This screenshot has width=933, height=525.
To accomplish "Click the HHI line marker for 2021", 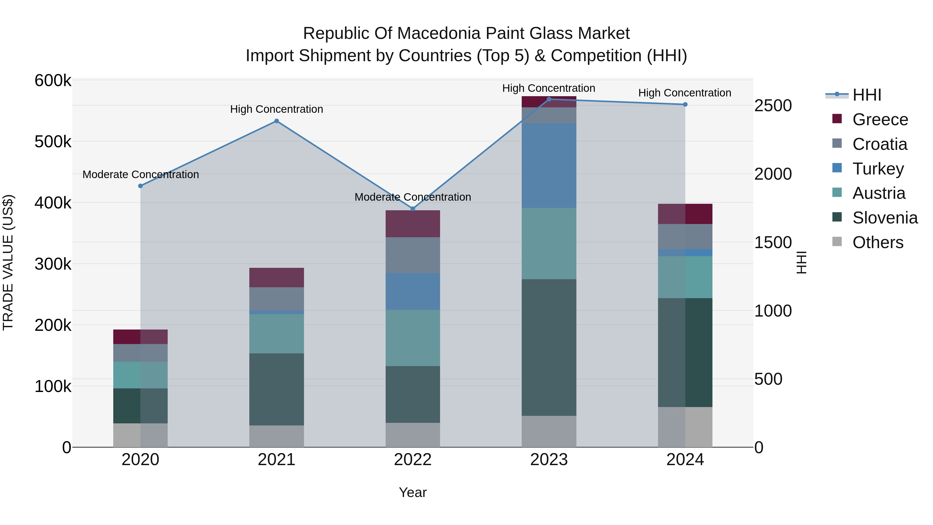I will click(276, 121).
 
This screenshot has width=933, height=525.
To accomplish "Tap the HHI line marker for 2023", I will click(549, 99).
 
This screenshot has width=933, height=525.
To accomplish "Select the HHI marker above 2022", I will click(413, 209).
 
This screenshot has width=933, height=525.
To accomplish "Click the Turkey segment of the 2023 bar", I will click(549, 166).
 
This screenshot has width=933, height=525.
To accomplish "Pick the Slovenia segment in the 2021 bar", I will click(276, 389).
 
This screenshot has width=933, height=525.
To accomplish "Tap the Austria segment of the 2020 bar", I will click(140, 375).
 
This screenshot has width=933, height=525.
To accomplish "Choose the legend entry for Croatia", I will click(879, 144).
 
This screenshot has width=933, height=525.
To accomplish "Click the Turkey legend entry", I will click(878, 169).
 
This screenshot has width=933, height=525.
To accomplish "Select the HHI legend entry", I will click(866, 95).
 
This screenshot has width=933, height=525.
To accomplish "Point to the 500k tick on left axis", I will click(53, 142).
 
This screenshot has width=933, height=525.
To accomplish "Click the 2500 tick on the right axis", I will click(773, 106).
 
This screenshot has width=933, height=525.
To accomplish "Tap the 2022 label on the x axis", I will click(413, 460).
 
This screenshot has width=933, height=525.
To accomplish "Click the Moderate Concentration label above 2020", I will click(140, 174).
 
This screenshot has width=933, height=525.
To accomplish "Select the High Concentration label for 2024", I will click(684, 93).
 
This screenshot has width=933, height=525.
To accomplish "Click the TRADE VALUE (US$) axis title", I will click(8, 263).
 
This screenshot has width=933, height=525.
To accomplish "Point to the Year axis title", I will click(413, 492).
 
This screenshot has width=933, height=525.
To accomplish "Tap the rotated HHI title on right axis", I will click(802, 263).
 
